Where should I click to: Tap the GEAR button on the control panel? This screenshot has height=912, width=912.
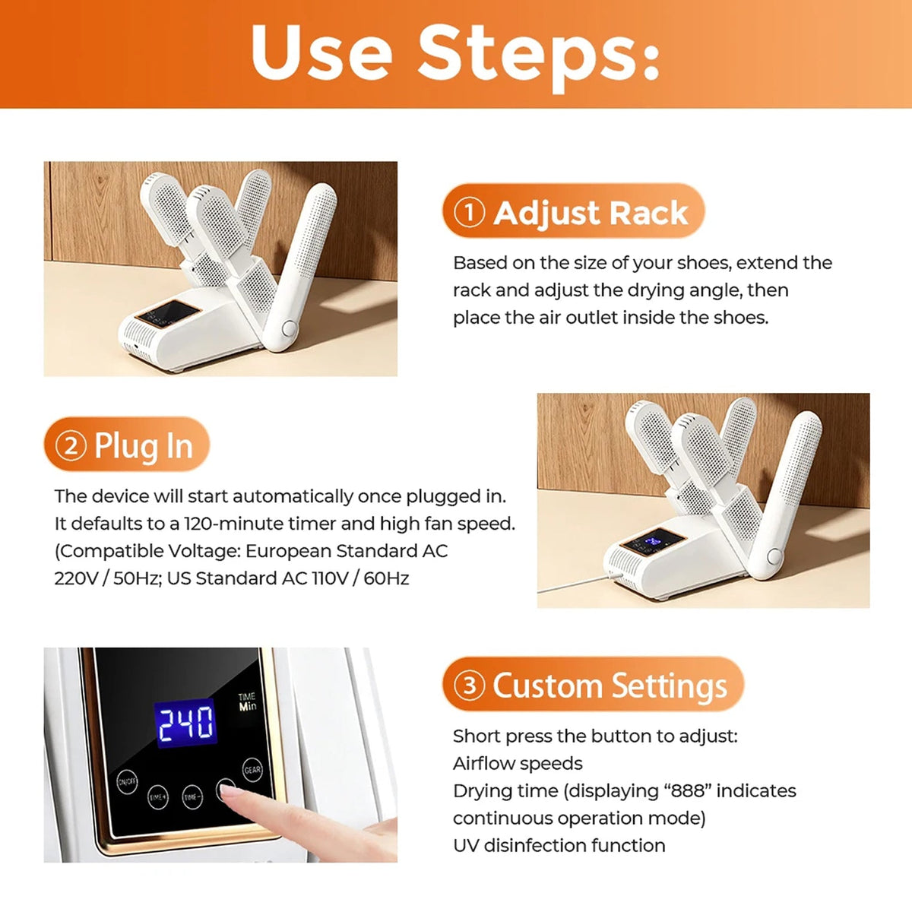tap(252, 770)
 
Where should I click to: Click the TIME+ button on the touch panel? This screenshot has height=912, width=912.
tap(157, 797)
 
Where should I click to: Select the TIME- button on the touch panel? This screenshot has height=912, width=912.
tap(192, 797)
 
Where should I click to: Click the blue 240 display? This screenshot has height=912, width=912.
tap(185, 723)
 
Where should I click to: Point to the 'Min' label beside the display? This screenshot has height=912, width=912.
tap(248, 707)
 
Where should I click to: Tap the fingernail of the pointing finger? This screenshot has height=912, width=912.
tap(229, 789)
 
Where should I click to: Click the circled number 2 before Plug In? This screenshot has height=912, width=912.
tap(71, 445)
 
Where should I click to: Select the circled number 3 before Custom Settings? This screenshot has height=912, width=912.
tap(469, 685)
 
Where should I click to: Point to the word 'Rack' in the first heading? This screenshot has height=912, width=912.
tap(648, 213)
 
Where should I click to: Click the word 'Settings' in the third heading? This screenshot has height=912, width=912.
tap(670, 686)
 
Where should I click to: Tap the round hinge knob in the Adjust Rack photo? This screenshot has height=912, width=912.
tap(289, 328)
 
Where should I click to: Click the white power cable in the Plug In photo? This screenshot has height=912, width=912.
tap(578, 583)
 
